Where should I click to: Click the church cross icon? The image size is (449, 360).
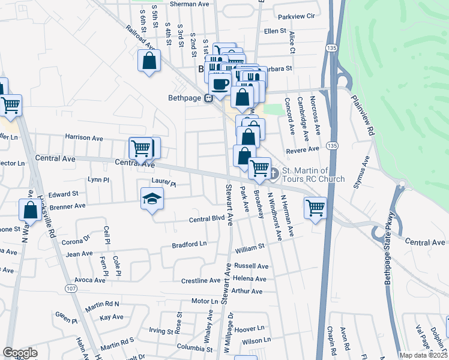click(274, 175)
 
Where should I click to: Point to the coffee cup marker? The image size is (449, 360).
click(220, 85)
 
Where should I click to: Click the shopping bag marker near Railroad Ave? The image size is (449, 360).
click(149, 61)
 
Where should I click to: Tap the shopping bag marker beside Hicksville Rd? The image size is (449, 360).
click(30, 210)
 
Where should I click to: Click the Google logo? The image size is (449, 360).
click(20, 353)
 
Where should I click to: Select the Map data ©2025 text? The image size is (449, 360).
click(423, 355)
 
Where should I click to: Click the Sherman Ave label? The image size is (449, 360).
click(190, 4)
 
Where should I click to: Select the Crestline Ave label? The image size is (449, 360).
click(201, 280)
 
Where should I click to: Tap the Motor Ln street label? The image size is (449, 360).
click(205, 301)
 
